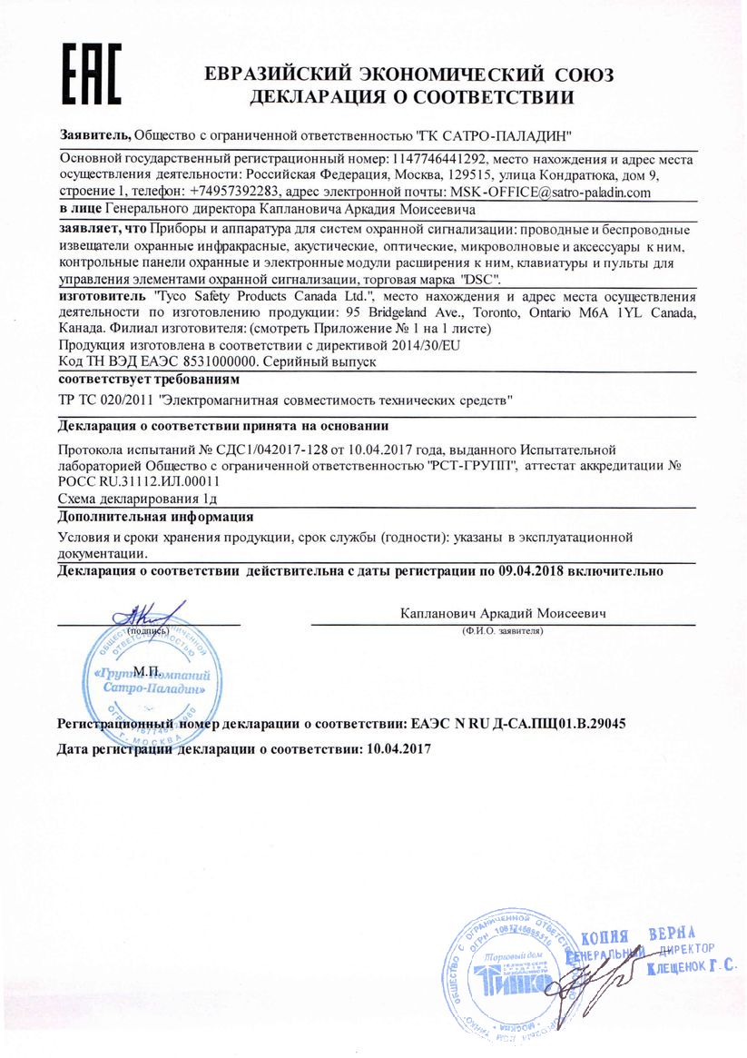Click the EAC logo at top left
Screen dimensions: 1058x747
click(x=91, y=72)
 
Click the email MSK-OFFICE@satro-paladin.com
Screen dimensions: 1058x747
click(x=550, y=193)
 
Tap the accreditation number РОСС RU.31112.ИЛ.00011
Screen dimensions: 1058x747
click(x=139, y=481)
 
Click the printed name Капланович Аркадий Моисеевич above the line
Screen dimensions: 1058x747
click(x=503, y=614)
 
